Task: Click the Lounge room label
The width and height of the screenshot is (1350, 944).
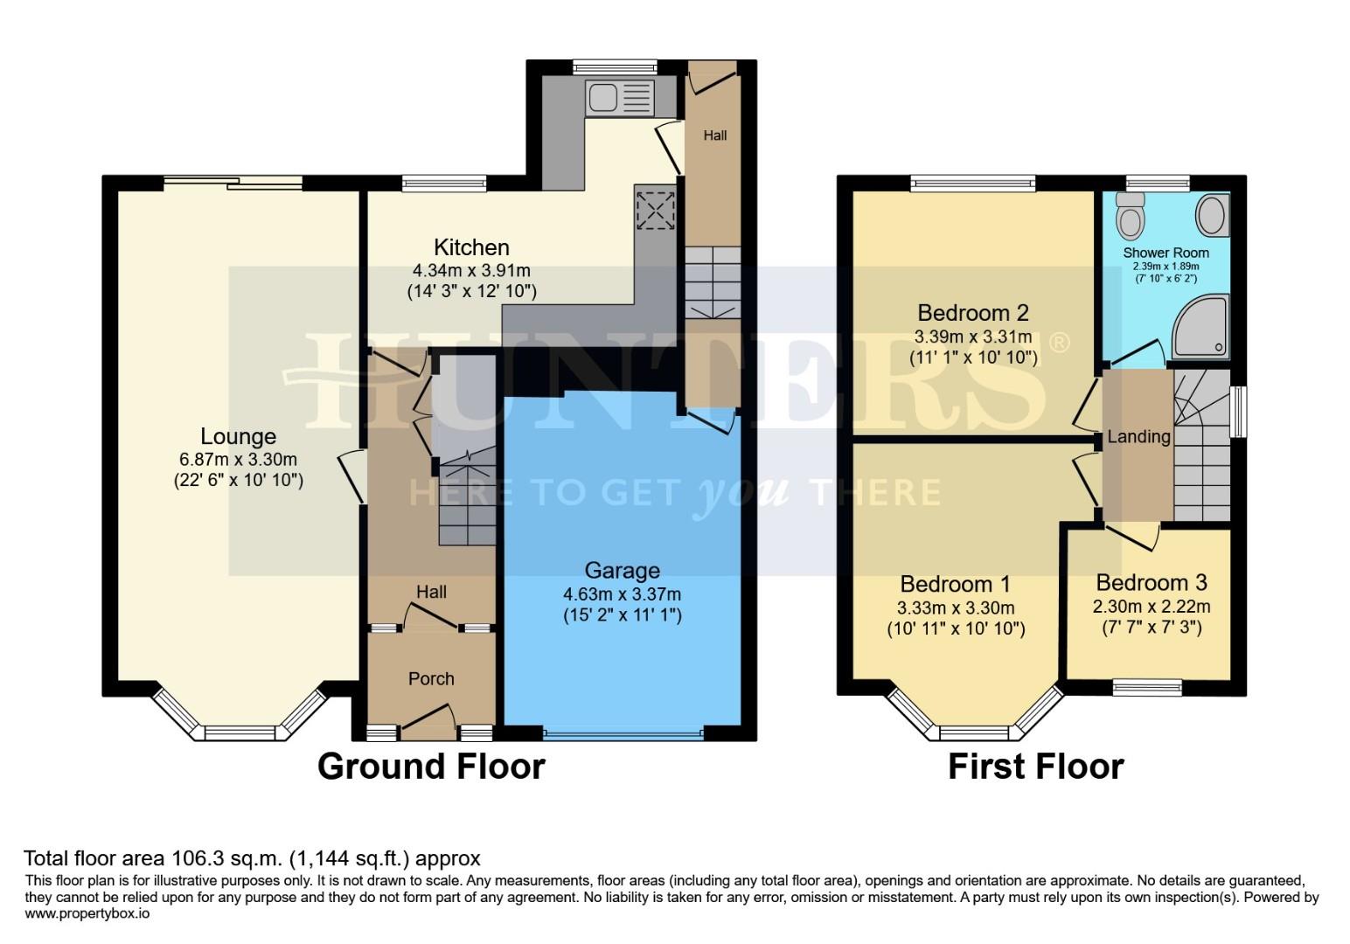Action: point(238,436)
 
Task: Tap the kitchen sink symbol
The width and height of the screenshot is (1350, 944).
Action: point(619,97)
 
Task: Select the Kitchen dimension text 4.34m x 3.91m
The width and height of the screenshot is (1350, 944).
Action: point(471,271)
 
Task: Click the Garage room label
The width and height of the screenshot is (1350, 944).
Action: point(622,571)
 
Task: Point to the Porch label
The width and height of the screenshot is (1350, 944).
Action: point(431,678)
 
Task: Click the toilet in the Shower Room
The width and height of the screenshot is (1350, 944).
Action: point(1131,214)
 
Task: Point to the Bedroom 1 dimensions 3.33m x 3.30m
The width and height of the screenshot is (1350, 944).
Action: point(956,607)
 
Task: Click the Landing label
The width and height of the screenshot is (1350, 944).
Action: point(1138,436)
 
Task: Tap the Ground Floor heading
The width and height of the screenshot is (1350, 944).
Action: point(431,766)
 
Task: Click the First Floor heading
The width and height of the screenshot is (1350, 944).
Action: point(1035,767)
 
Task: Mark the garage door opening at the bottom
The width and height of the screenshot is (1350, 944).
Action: point(623,733)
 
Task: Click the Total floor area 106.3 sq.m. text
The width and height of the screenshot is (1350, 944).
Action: point(252,858)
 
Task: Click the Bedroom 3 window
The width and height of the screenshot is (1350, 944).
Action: point(1147,688)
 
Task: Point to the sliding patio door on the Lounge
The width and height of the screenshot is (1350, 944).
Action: point(233,183)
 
